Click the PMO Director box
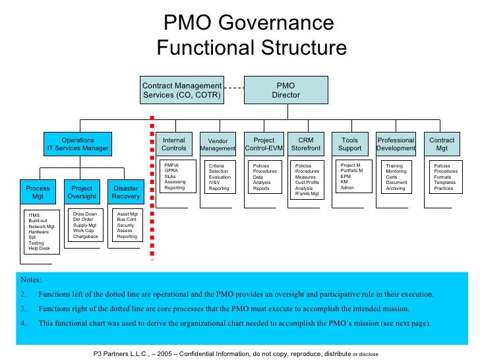pyautogui.click(x=285, y=90)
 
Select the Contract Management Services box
pyautogui.click(x=182, y=90)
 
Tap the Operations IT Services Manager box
pyautogui.click(x=78, y=144)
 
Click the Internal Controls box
pyautogui.click(x=174, y=144)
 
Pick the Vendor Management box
pyautogui.click(x=218, y=144)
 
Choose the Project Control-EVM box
pyautogui.click(x=264, y=144)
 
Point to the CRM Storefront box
pyautogui.click(x=306, y=144)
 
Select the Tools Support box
pyautogui.click(x=350, y=144)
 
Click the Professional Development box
pyautogui.click(x=396, y=144)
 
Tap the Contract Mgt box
pyautogui.click(x=442, y=144)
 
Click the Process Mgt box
pyautogui.click(x=38, y=193)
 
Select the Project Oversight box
pyautogui.click(x=82, y=193)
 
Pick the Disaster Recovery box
pyautogui.click(x=125, y=193)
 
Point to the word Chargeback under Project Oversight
pyautogui.click(x=86, y=236)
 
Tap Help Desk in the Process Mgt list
pyautogui.click(x=40, y=249)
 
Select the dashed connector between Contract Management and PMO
pyautogui.click(x=233, y=86)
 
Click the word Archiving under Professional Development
pyautogui.click(x=396, y=189)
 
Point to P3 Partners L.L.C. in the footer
pyautogui.click(x=120, y=353)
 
